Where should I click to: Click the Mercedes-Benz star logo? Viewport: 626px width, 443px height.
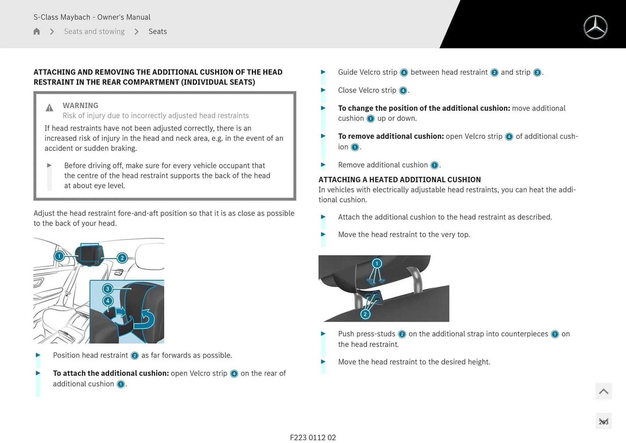[595, 27]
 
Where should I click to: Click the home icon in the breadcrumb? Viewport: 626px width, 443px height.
[37, 31]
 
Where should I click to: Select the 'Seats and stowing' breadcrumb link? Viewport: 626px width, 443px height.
[94, 31]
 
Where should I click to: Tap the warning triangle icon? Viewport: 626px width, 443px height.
[49, 108]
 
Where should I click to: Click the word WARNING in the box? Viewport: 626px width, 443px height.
[81, 105]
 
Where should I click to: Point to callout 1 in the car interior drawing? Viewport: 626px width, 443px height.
[59, 256]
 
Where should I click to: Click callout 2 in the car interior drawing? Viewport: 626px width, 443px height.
[122, 258]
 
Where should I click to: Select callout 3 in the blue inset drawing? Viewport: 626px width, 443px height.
[108, 289]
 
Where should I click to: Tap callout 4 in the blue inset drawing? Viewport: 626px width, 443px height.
[108, 301]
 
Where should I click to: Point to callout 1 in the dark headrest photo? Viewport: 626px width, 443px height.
[377, 263]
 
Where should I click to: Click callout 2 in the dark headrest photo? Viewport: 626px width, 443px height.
[365, 314]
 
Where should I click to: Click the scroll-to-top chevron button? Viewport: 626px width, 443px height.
[604, 391]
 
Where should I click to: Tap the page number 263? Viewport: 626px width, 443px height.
[604, 422]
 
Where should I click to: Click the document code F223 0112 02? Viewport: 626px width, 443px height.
[313, 437]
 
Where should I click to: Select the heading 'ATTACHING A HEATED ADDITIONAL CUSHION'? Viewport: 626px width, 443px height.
[400, 179]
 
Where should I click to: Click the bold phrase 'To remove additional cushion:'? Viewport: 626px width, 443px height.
[391, 136]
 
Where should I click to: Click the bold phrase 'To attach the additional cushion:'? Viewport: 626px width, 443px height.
[111, 373]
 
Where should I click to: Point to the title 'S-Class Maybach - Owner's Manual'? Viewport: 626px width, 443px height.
[92, 17]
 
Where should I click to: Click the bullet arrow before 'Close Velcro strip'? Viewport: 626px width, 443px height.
[323, 90]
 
